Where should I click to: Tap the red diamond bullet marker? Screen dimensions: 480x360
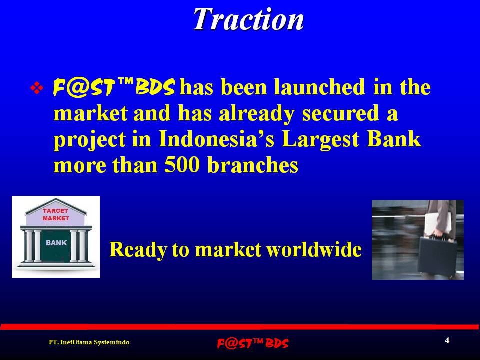(x=36, y=88)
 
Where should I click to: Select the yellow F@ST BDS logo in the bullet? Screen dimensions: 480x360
(x=114, y=87)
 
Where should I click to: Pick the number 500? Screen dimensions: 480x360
(x=182, y=165)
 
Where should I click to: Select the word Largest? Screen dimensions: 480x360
(x=320, y=140)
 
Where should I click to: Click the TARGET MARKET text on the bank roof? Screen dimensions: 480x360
(x=56, y=214)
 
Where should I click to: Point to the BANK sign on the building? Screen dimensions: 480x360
(x=56, y=243)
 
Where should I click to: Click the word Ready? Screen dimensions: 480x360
(x=138, y=250)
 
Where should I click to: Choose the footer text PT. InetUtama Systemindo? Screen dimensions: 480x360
(x=89, y=342)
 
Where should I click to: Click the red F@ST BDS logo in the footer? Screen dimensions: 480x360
(x=253, y=343)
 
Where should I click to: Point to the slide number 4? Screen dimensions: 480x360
(x=447, y=340)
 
